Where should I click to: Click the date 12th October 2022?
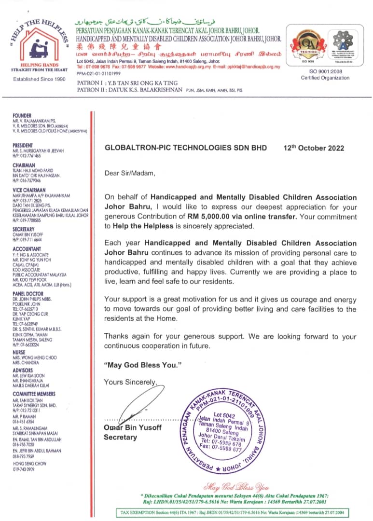coord(314,148)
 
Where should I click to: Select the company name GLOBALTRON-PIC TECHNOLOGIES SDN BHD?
coord(185,148)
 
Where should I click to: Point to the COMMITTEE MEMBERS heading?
coord(34,394)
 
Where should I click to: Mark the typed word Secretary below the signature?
coord(120,438)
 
